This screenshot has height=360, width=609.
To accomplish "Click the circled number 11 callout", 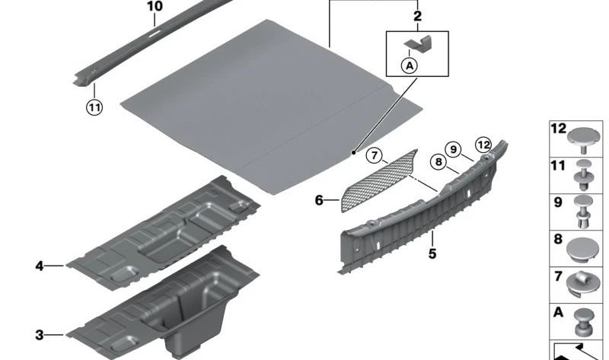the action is pyautogui.click(x=94, y=107).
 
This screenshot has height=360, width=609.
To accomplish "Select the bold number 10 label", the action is pyautogui.click(x=155, y=7).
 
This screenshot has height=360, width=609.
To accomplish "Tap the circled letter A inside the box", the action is pyautogui.click(x=410, y=65).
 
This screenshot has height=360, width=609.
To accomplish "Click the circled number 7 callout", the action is pyautogui.click(x=374, y=156).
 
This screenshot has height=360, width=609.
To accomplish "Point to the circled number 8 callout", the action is pyautogui.click(x=438, y=161).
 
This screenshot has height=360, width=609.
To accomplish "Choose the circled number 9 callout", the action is pyautogui.click(x=453, y=149).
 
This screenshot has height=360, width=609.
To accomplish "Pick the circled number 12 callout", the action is pyautogui.click(x=483, y=145).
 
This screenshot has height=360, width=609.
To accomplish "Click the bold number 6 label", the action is pyautogui.click(x=319, y=200).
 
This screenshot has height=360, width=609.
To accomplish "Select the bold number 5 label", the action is pyautogui.click(x=432, y=253).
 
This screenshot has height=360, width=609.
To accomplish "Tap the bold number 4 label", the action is pyautogui.click(x=40, y=266).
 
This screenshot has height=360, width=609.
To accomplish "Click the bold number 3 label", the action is pyautogui.click(x=40, y=335).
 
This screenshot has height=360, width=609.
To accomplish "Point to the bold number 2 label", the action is pyautogui.click(x=417, y=16).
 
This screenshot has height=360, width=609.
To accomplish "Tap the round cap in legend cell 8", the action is pyautogui.click(x=583, y=250).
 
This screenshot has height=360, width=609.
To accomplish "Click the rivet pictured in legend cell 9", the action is pyautogui.click(x=584, y=212).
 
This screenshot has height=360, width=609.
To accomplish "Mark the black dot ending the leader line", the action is pyautogui.click(x=353, y=153).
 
